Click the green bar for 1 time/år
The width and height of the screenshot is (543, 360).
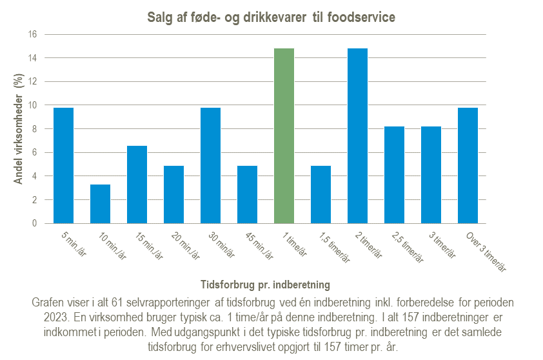(284, 136)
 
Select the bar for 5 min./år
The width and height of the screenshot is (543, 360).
(63, 166)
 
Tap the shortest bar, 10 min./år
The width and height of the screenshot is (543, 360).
(100, 204)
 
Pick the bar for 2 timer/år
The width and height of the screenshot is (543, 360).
(358, 136)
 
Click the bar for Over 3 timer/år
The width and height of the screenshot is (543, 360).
(468, 166)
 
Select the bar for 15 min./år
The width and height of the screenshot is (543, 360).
(137, 185)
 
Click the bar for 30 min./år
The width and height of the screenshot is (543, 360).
(210, 166)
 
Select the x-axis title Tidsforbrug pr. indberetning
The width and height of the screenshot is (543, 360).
(266, 284)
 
